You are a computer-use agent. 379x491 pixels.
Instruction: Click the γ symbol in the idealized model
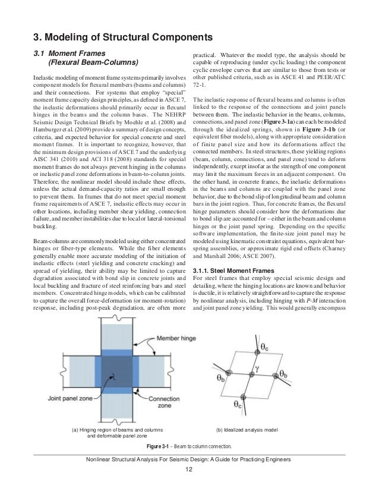257,367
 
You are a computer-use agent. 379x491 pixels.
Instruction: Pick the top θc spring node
256,352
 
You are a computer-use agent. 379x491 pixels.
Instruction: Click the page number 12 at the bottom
189,469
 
